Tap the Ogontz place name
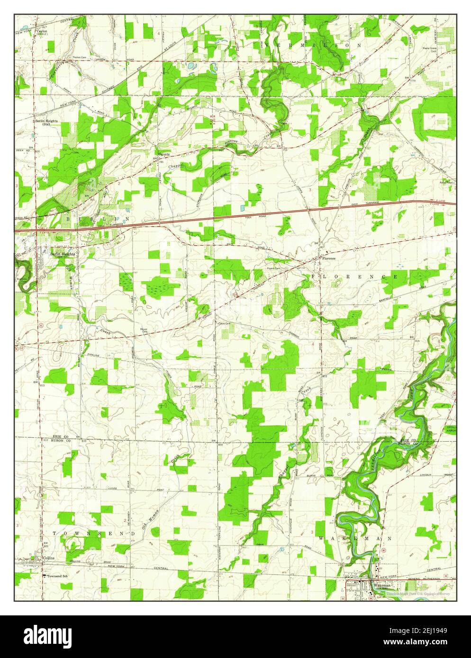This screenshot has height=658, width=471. click(x=163, y=155)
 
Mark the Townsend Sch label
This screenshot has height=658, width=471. click(x=57, y=577)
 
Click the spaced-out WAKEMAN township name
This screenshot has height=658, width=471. click(x=354, y=539)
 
